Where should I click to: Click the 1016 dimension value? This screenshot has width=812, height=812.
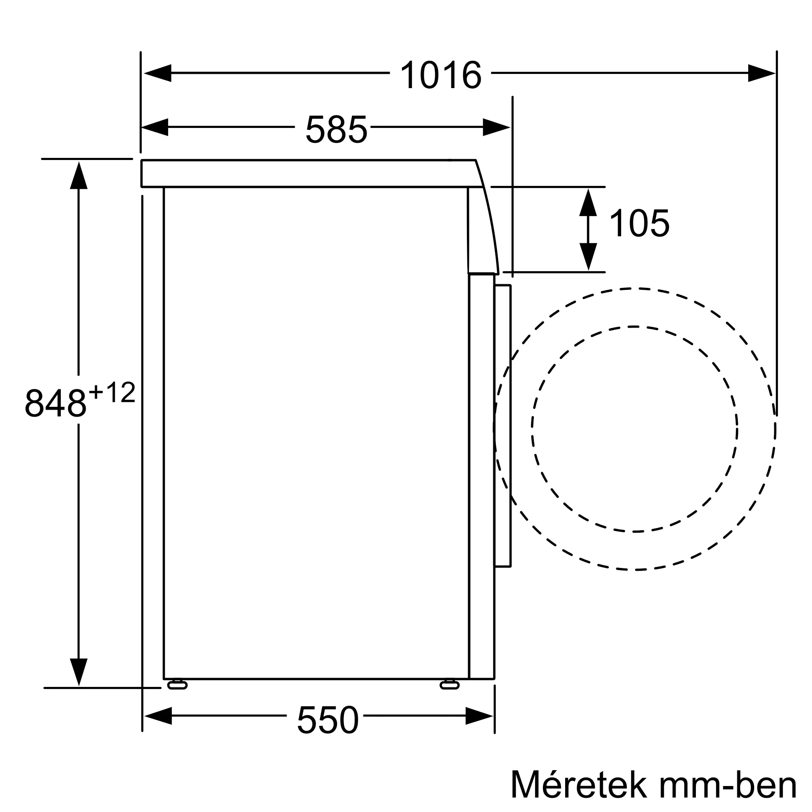441,75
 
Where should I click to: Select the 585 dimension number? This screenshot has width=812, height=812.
336,129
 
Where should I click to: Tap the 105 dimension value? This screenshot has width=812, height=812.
639,223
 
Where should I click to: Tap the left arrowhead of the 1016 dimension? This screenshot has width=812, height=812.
157,73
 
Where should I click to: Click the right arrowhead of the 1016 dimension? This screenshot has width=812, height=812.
762,73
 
